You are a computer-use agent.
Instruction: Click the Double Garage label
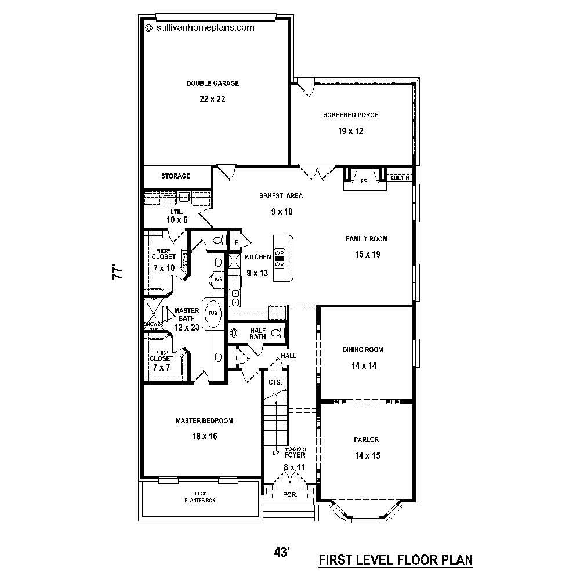212,83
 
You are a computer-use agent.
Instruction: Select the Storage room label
176,176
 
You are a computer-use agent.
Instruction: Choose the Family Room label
367,238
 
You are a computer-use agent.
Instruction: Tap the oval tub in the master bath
213,313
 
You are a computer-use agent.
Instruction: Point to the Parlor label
367,440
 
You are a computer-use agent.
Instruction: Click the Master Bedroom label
204,420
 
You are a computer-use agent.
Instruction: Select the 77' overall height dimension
118,273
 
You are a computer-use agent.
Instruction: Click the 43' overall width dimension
282,553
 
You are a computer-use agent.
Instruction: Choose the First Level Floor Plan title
396,560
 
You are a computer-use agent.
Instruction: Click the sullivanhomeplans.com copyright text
200,27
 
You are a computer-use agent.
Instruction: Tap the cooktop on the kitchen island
280,258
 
